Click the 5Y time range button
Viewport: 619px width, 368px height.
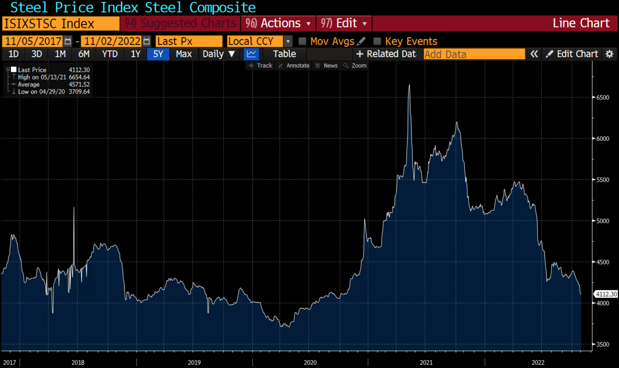pos(158,54)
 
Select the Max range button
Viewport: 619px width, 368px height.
pos(184,54)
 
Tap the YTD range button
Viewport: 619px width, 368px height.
pos(110,54)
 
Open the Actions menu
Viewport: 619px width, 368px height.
pos(278,23)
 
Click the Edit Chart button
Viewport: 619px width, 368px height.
pos(573,54)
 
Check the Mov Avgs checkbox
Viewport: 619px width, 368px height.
pos(302,41)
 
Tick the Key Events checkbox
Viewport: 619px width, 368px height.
pos(377,41)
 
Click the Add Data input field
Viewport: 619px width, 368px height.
pos(474,54)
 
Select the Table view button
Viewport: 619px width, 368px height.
pos(284,54)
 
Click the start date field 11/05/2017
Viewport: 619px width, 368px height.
pos(33,41)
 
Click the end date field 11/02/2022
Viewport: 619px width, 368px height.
pos(112,41)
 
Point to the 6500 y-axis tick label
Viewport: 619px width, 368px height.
pos(602,97)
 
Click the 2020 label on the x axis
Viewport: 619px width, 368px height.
pos(310,362)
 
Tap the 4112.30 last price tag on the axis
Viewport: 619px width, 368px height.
pos(606,294)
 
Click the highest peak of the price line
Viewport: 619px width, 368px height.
pos(409,85)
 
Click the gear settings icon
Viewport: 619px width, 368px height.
pos(609,54)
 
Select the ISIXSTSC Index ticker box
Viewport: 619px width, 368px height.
pos(61,24)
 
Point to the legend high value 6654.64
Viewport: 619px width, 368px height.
pos(79,77)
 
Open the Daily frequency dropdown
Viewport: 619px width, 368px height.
pos(219,54)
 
